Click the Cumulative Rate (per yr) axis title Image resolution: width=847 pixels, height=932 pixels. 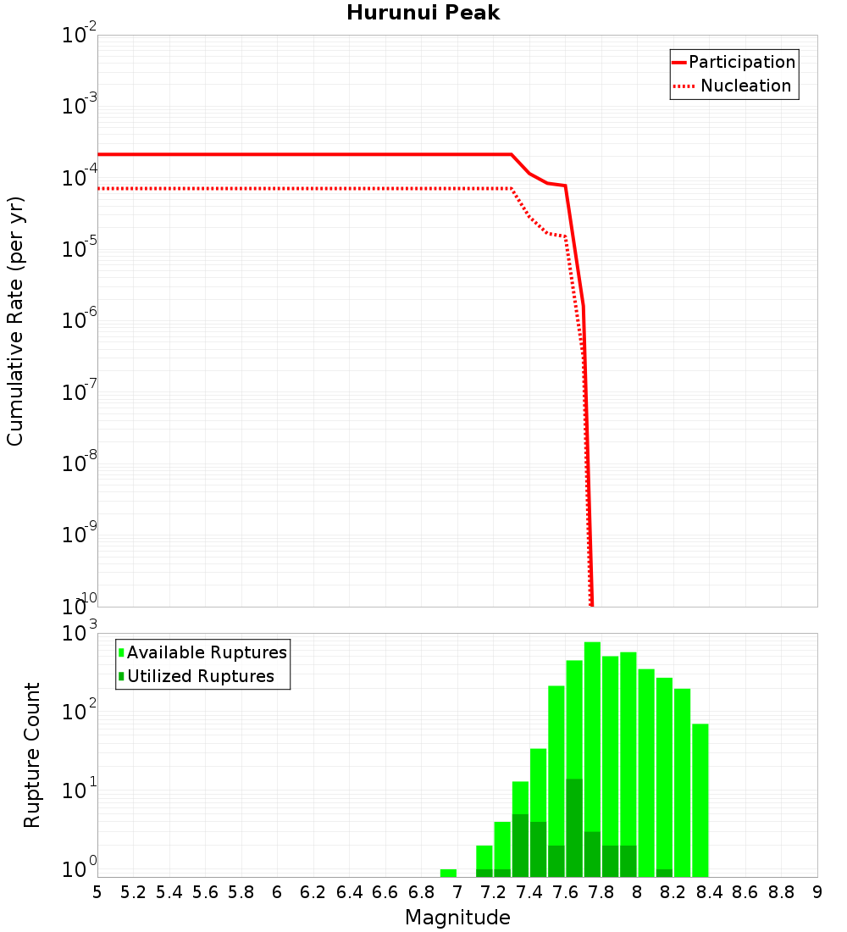pos(15,321)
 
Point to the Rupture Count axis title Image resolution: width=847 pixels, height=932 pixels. pos(32,755)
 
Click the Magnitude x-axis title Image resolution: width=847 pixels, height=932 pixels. pos(457,918)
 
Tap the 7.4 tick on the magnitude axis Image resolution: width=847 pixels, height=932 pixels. pos(529,892)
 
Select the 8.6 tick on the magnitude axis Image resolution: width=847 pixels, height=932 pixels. pos(745,892)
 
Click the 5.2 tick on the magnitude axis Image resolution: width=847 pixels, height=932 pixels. pos(134,892)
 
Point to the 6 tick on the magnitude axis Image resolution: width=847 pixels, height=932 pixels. pos(277,892)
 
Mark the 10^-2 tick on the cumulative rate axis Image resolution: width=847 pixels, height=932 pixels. pos(80,36)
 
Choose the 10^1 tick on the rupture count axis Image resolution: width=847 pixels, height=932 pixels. pos(80,791)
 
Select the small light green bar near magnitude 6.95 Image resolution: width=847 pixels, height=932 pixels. pos(448,873)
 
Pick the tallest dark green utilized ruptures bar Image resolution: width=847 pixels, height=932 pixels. pos(574,826)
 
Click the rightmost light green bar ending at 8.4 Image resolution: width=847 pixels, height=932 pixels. pos(700,796)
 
